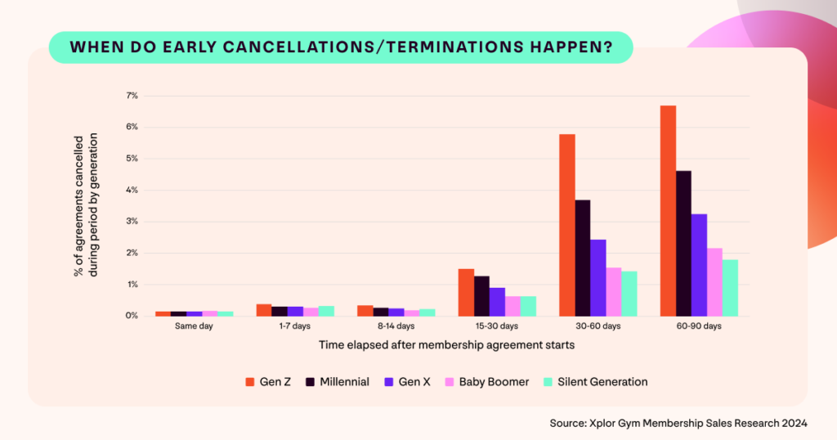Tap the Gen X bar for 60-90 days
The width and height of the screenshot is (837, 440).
699,265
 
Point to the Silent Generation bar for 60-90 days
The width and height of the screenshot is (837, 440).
730,288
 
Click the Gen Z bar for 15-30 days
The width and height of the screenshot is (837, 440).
466,292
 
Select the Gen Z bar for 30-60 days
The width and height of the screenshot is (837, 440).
566,225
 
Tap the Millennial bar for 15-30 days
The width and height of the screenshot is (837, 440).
481,296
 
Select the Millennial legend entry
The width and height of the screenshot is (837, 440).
338,382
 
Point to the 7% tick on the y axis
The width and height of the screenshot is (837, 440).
132,96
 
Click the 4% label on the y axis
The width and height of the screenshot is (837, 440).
132,190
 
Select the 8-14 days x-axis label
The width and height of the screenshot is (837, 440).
396,326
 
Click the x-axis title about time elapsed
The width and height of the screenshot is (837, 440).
446,345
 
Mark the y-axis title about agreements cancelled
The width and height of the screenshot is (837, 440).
86,205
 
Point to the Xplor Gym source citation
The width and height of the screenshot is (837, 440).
679,423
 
